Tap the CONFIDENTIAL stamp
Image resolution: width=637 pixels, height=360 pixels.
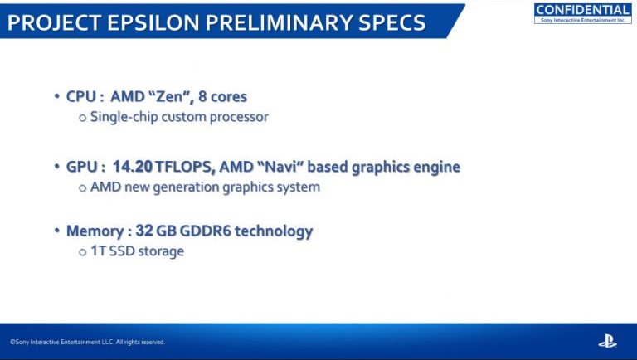582,13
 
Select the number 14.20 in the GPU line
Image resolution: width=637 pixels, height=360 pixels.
133,166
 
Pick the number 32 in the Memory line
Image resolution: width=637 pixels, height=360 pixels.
143,231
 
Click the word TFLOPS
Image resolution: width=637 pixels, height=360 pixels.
185,166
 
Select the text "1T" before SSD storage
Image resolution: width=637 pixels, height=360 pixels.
98,251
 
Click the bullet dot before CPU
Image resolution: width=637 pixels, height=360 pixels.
57,96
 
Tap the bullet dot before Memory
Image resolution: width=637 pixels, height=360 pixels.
57,231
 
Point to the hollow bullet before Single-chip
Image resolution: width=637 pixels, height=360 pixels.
83,119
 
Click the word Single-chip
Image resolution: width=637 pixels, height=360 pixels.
124,117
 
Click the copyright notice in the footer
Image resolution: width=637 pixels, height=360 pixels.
87,342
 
